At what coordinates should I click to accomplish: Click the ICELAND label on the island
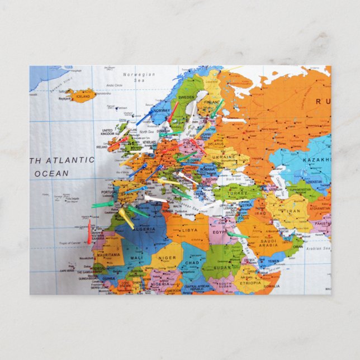tap(83, 96)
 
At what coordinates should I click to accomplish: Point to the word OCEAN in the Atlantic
tap(51, 174)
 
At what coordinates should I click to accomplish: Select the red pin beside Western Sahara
tap(89, 232)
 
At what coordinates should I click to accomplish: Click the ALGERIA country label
tap(145, 230)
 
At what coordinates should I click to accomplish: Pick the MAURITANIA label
tap(110, 255)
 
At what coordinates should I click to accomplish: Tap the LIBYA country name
tap(190, 230)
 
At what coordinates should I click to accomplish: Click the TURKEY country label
tap(237, 193)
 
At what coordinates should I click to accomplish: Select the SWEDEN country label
tap(187, 97)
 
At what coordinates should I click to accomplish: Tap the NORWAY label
tap(161, 111)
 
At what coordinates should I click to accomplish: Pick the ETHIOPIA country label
tap(249, 283)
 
